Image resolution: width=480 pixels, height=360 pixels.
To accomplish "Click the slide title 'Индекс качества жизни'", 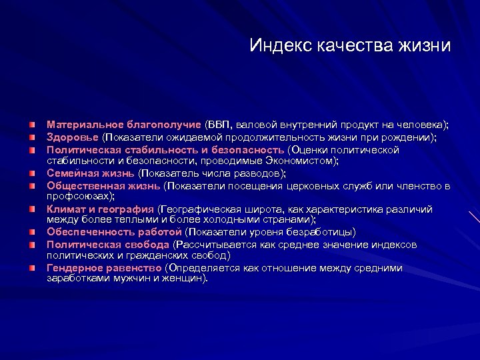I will pyautogui.click(x=349, y=45).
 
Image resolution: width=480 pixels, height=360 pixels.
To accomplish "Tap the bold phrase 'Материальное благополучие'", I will pyautogui.click(x=123, y=125).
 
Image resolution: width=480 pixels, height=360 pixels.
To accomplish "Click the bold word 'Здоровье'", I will pyautogui.click(x=72, y=137).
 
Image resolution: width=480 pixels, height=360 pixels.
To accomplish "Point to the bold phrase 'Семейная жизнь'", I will pyautogui.click(x=91, y=173).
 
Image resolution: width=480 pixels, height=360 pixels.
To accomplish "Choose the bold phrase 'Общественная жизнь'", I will pyautogui.click(x=103, y=185).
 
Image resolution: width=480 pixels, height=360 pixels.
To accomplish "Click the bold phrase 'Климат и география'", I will pyautogui.click(x=100, y=209).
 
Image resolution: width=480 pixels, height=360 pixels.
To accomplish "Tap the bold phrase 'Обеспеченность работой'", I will pyautogui.click(x=114, y=232).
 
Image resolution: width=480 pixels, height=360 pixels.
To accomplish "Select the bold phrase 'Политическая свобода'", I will pyautogui.click(x=107, y=245).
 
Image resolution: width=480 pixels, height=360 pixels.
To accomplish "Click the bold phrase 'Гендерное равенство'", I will pyautogui.click(x=104, y=268).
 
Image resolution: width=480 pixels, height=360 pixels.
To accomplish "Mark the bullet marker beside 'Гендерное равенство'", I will pyautogui.click(x=32, y=268).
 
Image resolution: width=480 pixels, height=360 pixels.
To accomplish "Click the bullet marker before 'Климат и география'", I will pyautogui.click(x=32, y=209).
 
